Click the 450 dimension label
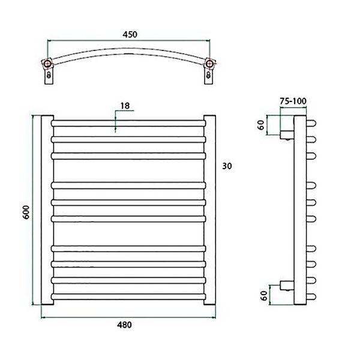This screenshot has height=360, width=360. pyautogui.click(x=130, y=34)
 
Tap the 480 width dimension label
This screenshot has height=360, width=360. pyautogui.click(x=124, y=325)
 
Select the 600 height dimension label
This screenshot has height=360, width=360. pyautogui.click(x=26, y=212)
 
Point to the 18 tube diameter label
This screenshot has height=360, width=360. pyautogui.click(x=125, y=106)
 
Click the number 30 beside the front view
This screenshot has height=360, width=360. pyautogui.click(x=227, y=166)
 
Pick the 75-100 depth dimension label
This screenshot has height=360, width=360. pyautogui.click(x=293, y=101)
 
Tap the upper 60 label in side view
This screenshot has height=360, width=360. pyautogui.click(x=261, y=125)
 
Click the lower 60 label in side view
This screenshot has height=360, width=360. pyautogui.click(x=264, y=295)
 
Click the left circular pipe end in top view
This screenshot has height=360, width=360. pyautogui.click(x=47, y=64)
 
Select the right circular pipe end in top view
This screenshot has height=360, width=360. pyautogui.click(x=209, y=64)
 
